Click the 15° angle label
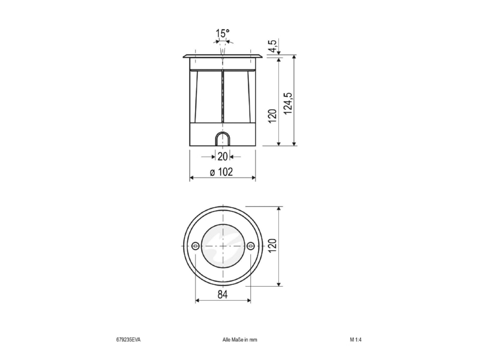(x=223, y=34)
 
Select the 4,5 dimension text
(x=273, y=46)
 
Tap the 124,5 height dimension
(x=288, y=103)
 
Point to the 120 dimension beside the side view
(x=272, y=116)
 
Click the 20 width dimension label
(x=223, y=157)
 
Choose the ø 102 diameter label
(x=221, y=172)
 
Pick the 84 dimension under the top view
(x=223, y=295)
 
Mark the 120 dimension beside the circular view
(x=272, y=245)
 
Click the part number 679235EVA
(x=128, y=340)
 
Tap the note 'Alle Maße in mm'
(x=239, y=340)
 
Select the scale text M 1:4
(x=356, y=340)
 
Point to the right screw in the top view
(x=250, y=245)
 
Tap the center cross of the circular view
(x=223, y=246)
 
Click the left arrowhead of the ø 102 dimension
(x=192, y=178)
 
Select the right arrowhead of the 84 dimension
(x=248, y=301)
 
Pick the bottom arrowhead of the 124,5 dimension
(x=294, y=143)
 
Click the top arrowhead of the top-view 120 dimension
(x=278, y=209)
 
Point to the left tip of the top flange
(x=184, y=56)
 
